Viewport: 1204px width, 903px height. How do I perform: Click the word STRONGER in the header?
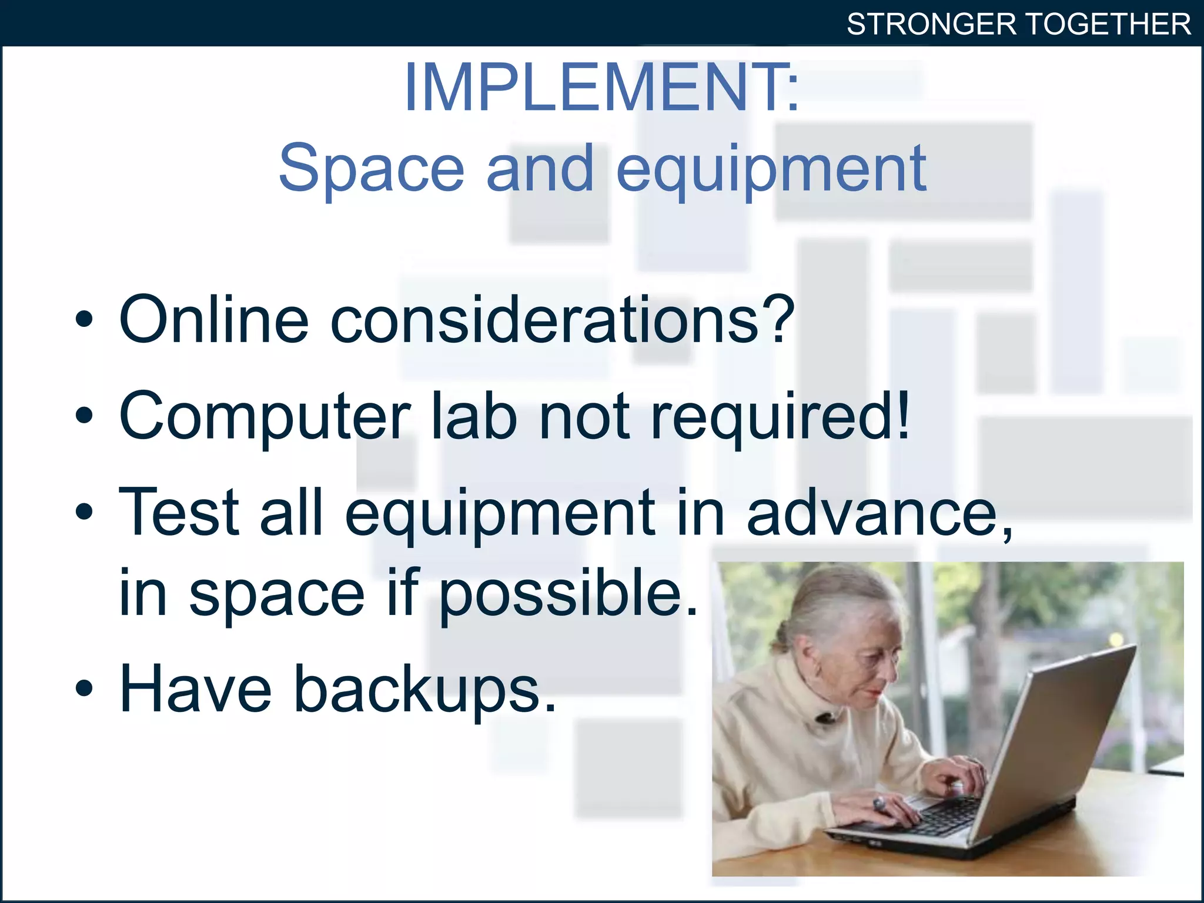tap(932, 25)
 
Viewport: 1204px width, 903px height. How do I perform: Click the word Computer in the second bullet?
tap(265, 417)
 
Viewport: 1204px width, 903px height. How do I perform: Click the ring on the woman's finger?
tap(879, 803)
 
